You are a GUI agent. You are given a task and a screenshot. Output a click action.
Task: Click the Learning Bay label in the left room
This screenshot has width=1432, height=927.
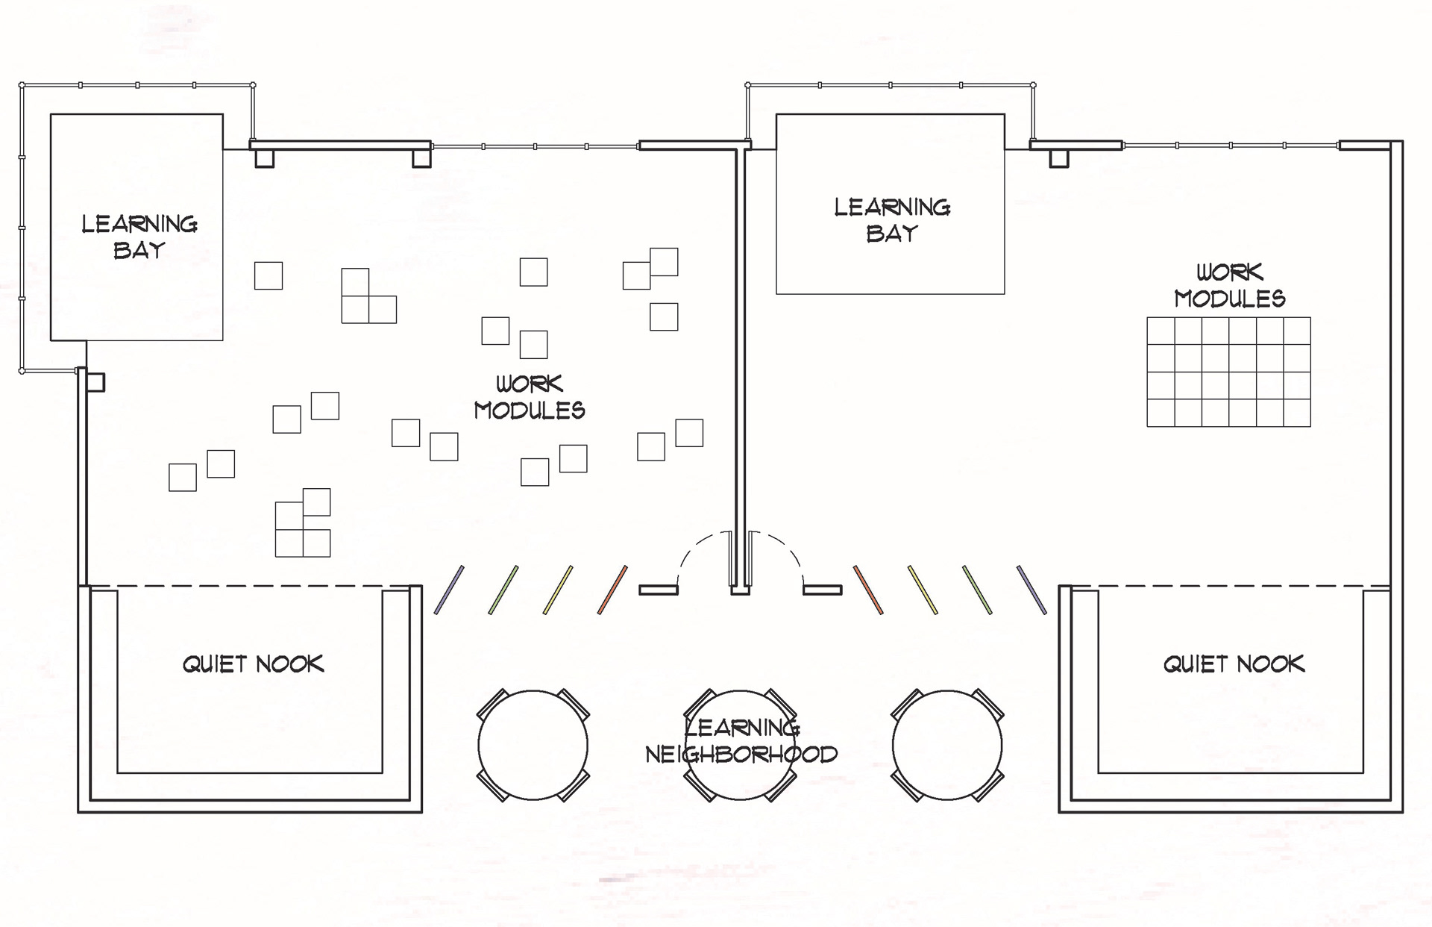coord(139,237)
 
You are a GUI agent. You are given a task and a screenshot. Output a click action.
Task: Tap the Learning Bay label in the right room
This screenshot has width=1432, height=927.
coord(892,220)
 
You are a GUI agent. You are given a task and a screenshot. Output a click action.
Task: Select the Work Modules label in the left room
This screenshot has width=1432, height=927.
coord(530,397)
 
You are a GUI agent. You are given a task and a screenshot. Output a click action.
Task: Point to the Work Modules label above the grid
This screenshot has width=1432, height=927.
coord(1230,285)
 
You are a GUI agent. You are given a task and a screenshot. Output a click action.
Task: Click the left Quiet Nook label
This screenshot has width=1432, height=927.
coord(254,664)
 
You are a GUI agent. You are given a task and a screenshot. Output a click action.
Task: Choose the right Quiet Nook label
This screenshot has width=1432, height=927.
coord(1234,664)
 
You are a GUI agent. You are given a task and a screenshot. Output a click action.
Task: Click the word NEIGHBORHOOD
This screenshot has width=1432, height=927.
coord(741,755)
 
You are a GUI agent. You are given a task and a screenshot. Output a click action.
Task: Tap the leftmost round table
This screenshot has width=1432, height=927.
coord(533,745)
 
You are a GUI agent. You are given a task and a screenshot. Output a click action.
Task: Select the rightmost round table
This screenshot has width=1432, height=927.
coord(947,745)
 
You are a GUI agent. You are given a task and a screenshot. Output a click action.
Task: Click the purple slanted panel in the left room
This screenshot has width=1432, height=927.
coord(449,590)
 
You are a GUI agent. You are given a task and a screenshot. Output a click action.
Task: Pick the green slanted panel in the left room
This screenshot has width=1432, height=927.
coord(503,590)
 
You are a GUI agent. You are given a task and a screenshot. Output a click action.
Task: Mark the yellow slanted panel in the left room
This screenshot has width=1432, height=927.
coord(558,590)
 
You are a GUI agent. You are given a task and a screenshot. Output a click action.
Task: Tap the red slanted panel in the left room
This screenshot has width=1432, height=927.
coord(612,590)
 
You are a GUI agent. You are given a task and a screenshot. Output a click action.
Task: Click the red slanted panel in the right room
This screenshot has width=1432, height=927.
coord(868,590)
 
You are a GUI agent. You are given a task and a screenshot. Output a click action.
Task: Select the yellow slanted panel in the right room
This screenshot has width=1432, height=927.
coord(923,590)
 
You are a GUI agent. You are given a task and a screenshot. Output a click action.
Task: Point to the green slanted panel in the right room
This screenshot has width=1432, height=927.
coord(977,590)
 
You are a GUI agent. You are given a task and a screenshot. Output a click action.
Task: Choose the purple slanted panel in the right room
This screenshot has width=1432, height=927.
coord(1031,590)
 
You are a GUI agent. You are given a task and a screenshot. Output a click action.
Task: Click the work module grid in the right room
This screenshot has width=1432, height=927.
coord(1228,372)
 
